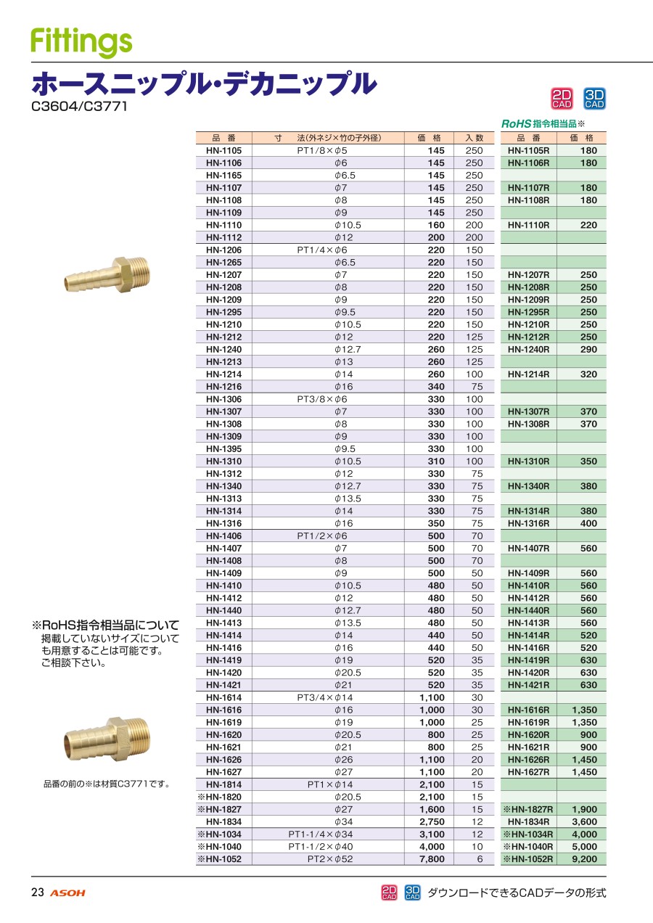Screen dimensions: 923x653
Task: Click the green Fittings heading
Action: tap(81, 42)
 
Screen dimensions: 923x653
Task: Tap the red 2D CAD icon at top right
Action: tap(562, 99)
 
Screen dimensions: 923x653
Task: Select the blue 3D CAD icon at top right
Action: tap(594, 99)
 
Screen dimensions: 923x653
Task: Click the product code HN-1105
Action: tap(223, 150)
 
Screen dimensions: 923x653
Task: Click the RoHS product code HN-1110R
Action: tap(528, 225)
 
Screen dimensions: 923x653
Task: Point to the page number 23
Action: tap(37, 893)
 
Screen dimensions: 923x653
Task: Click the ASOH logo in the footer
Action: tap(67, 893)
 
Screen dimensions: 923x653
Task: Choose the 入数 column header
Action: tap(474, 138)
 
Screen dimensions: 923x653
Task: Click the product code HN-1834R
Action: tap(528, 821)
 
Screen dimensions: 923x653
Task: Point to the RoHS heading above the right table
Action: tap(543, 123)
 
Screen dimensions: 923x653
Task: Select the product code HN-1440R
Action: tap(528, 610)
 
